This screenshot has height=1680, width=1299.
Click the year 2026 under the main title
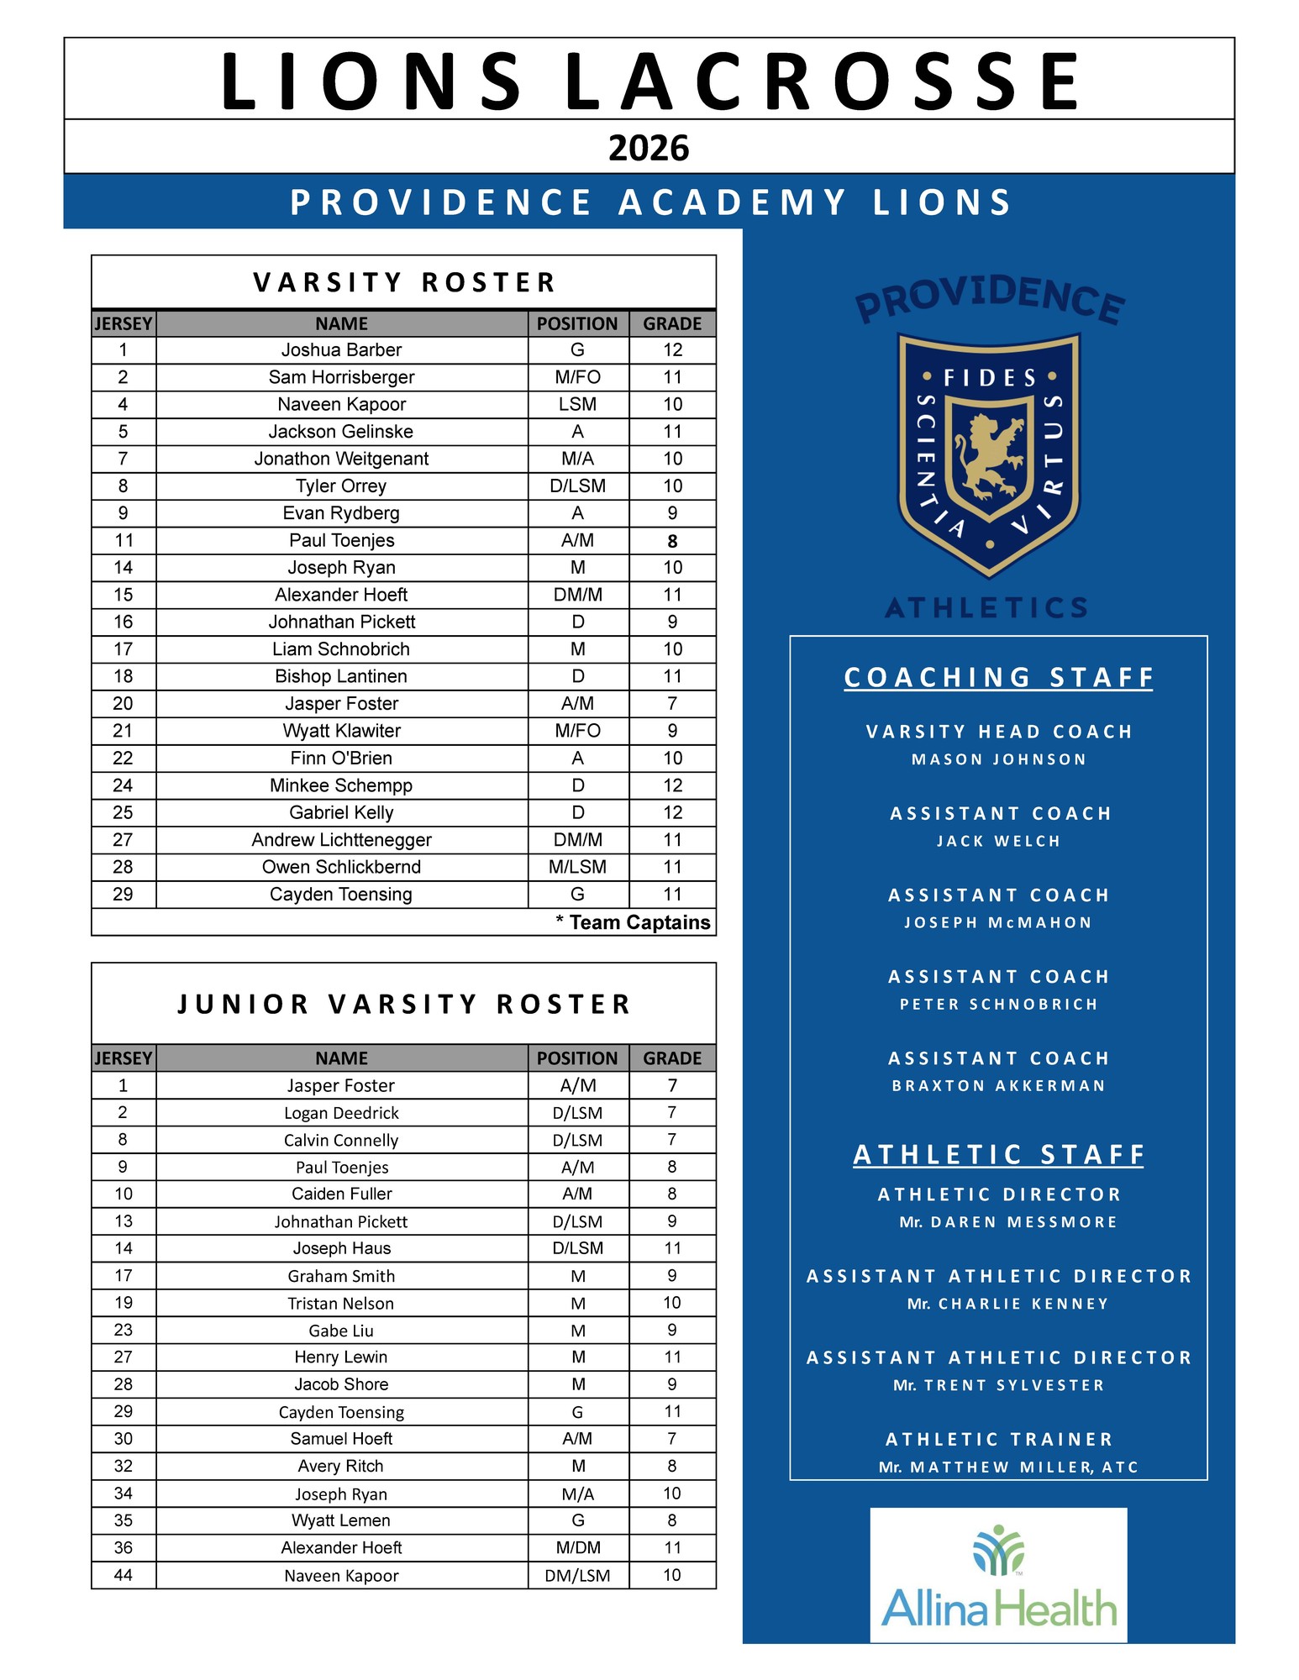click(649, 148)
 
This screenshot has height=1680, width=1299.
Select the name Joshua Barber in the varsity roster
click(341, 349)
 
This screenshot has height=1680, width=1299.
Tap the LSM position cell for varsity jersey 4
click(577, 404)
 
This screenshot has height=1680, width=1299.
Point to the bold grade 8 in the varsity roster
click(672, 541)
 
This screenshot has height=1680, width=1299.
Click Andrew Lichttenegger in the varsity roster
click(341, 839)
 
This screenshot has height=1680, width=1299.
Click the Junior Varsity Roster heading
click(403, 1004)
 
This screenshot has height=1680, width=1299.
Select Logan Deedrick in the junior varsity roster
click(341, 1113)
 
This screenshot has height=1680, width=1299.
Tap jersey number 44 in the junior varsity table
click(124, 1575)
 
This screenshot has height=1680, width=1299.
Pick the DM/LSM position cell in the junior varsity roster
click(577, 1575)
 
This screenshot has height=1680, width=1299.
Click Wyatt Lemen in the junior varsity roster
click(341, 1520)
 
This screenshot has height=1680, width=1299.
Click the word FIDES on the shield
click(989, 378)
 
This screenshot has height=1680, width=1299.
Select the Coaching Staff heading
click(998, 677)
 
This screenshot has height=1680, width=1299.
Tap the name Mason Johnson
click(998, 759)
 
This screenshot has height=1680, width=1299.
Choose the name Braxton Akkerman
click(998, 1085)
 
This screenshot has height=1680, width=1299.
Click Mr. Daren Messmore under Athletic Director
click(1007, 1222)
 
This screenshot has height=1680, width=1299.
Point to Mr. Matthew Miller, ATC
click(1007, 1467)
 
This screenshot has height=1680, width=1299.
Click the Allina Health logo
click(998, 1575)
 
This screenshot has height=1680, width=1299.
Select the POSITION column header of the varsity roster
click(577, 323)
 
